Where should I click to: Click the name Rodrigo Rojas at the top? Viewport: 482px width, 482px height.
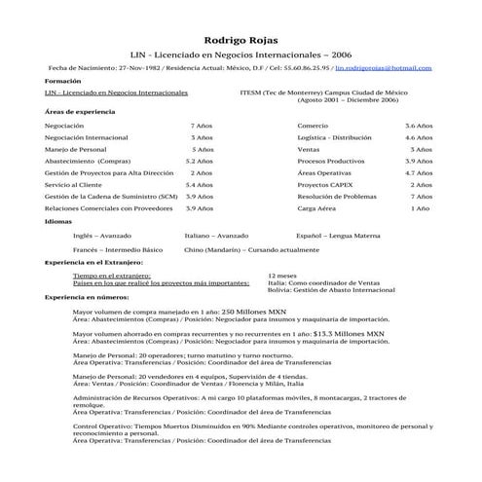(x=241, y=38)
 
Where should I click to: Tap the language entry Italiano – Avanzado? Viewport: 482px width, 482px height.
(x=216, y=236)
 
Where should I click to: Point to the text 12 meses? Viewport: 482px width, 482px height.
(x=282, y=276)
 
